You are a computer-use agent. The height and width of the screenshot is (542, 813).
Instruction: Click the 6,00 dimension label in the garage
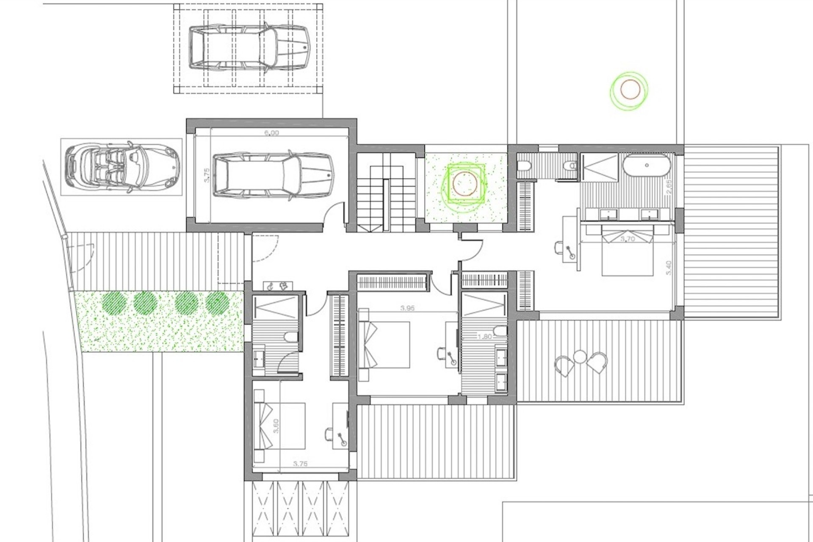271,133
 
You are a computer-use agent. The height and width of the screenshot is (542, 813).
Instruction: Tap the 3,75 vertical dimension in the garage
207,175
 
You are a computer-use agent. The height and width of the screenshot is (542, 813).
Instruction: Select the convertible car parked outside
122,166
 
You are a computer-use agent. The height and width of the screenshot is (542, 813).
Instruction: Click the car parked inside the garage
273,176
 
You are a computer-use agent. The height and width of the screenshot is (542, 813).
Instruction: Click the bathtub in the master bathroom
647,165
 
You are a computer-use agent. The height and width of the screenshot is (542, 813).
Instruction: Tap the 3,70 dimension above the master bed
628,239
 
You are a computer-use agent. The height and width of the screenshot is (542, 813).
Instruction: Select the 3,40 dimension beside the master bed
668,268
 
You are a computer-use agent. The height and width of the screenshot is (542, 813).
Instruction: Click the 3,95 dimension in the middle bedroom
407,308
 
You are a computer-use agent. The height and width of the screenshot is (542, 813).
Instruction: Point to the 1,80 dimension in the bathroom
484,337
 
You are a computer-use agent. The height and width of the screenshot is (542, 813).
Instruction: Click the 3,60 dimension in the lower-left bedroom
276,426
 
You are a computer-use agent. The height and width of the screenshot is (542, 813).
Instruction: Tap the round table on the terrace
580,357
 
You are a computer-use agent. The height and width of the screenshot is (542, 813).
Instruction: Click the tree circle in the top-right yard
630,90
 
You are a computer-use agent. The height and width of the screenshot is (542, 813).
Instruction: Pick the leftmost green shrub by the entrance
114,302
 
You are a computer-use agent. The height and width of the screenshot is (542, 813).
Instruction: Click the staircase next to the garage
385,193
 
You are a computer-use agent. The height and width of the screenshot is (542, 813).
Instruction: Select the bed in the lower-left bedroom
279,426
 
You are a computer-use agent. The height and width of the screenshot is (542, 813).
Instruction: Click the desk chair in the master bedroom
559,247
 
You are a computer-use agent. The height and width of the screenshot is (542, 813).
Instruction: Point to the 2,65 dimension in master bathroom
669,187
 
